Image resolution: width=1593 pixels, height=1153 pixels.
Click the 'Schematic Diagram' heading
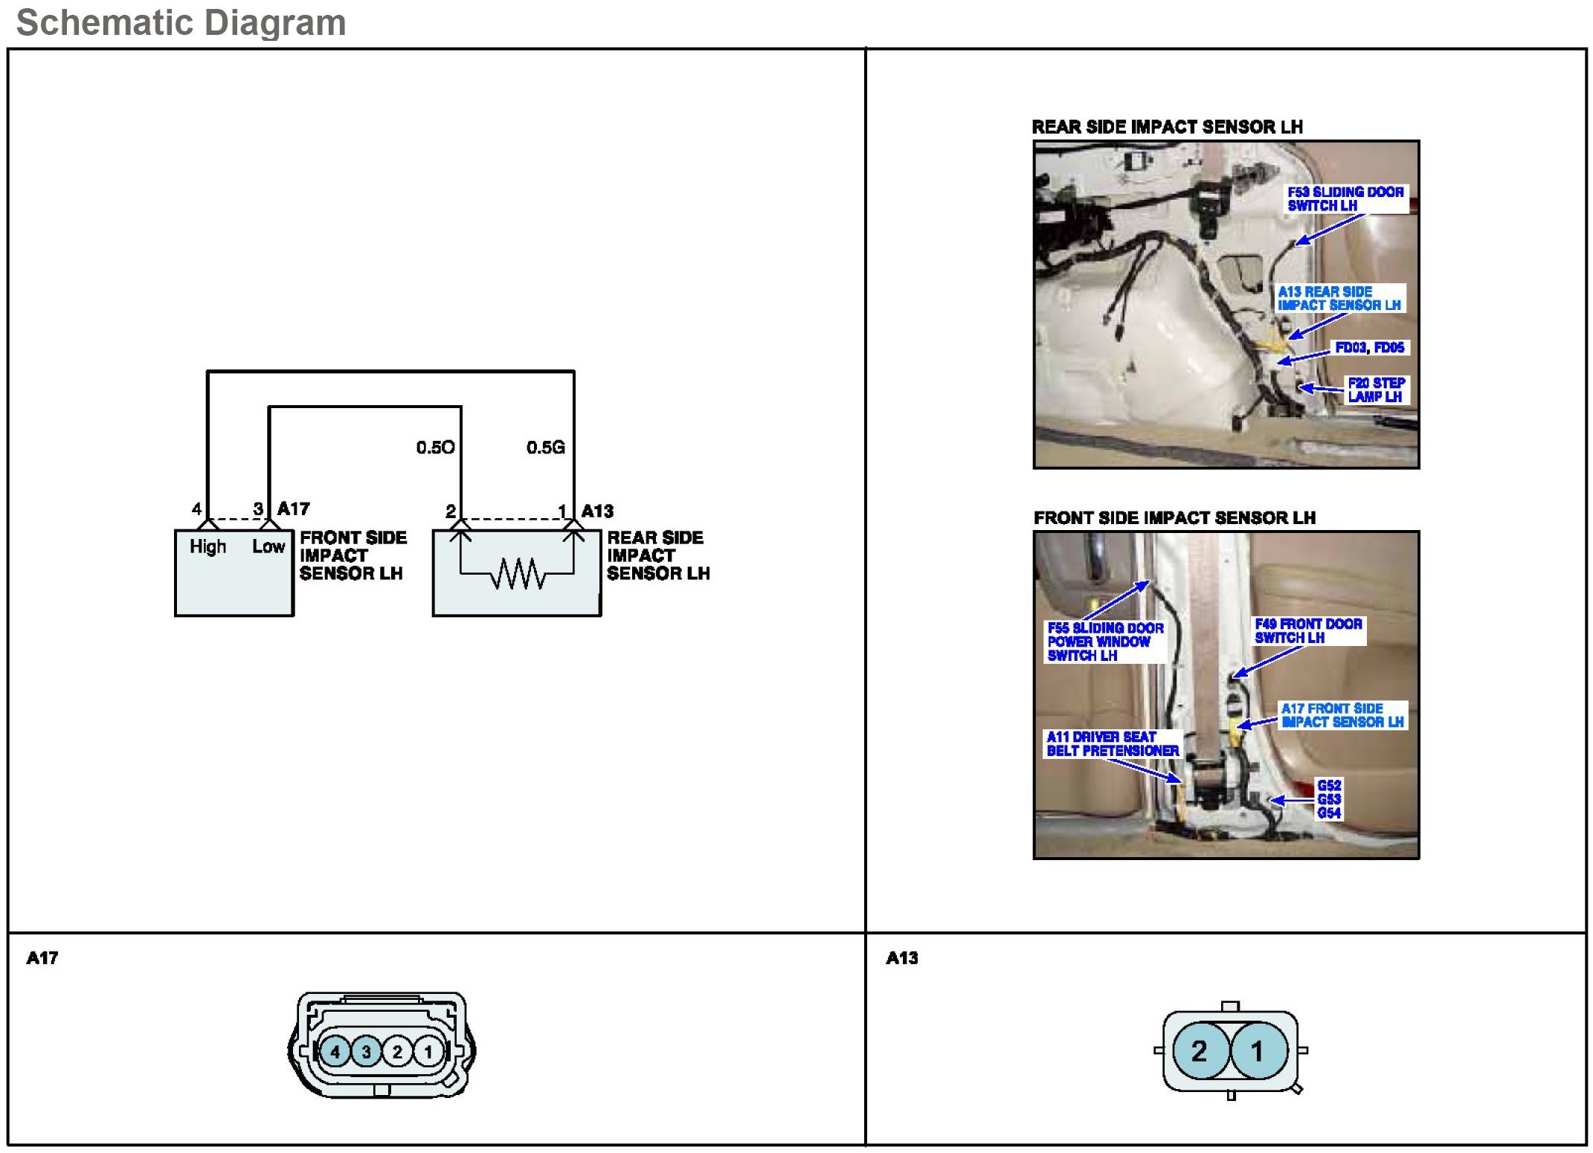pyautogui.click(x=181, y=22)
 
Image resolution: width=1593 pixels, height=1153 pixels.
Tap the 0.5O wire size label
pyautogui.click(x=435, y=448)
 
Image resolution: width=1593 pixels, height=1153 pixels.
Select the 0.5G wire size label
pyautogui.click(x=546, y=448)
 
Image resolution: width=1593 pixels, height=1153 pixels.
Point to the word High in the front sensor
pyautogui.click(x=207, y=547)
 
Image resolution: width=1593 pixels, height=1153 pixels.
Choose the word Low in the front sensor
pyautogui.click(x=268, y=547)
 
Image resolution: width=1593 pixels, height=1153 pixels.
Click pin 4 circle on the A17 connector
pyautogui.click(x=335, y=1052)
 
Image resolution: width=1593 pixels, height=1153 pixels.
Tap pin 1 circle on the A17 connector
pyautogui.click(x=428, y=1052)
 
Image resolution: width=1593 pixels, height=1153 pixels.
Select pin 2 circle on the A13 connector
pyautogui.click(x=1199, y=1051)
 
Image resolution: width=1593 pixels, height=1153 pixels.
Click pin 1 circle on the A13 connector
pyautogui.click(x=1258, y=1051)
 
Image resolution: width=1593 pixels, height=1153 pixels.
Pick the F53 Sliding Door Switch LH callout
pyautogui.click(x=1345, y=198)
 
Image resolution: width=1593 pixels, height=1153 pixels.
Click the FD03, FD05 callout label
pyautogui.click(x=1369, y=348)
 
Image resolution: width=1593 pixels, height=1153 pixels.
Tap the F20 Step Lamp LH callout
pyautogui.click(x=1376, y=390)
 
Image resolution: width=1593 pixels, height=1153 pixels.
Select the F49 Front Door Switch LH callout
pyautogui.click(x=1308, y=631)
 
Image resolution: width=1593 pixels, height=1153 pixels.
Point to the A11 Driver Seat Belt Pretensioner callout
pyautogui.click(x=1113, y=744)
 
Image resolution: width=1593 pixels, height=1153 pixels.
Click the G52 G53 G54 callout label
pyautogui.click(x=1329, y=799)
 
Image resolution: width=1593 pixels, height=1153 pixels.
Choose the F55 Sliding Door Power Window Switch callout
pyautogui.click(x=1105, y=642)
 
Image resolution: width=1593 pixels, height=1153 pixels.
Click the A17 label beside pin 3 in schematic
pyautogui.click(x=294, y=509)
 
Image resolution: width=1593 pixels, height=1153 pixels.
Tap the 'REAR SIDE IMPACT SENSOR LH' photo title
pyautogui.click(x=1167, y=127)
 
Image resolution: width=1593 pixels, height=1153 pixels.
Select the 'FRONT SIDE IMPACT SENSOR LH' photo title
pyautogui.click(x=1174, y=518)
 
